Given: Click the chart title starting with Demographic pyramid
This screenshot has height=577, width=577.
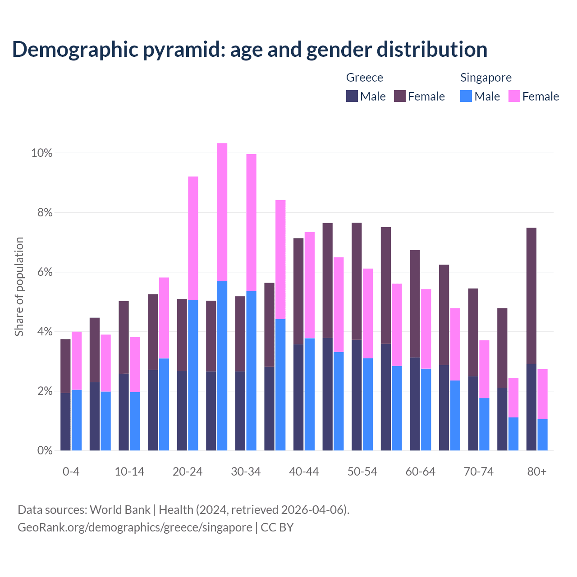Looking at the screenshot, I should (x=249, y=50).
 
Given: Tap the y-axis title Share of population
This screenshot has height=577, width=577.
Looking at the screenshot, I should (x=19, y=287).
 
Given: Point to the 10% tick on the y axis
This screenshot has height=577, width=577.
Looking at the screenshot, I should (x=41, y=153).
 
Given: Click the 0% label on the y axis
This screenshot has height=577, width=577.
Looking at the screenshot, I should (x=44, y=450).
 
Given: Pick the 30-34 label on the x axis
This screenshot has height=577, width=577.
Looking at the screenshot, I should (x=246, y=472).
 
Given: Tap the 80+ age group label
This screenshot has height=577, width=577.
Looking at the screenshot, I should (x=537, y=472).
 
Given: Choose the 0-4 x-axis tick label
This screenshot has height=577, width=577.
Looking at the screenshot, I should (x=71, y=472).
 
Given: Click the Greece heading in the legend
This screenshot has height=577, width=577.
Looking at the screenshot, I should (x=364, y=78).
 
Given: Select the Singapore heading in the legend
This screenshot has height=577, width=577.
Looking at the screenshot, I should (x=485, y=78).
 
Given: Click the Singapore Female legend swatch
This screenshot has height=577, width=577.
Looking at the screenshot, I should (x=514, y=96).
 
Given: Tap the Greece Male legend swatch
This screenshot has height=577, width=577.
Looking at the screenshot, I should (x=352, y=96).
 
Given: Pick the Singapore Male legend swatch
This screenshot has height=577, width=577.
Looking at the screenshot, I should (x=466, y=96).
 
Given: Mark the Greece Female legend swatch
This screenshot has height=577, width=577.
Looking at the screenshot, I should (x=400, y=96).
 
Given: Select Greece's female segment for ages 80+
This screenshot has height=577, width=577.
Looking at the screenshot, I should (x=531, y=296).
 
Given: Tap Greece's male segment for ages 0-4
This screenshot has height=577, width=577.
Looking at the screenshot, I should (x=66, y=421).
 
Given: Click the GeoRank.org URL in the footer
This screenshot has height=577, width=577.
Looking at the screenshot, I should (x=135, y=527).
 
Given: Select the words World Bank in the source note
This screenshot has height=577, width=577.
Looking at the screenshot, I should (x=120, y=510).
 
